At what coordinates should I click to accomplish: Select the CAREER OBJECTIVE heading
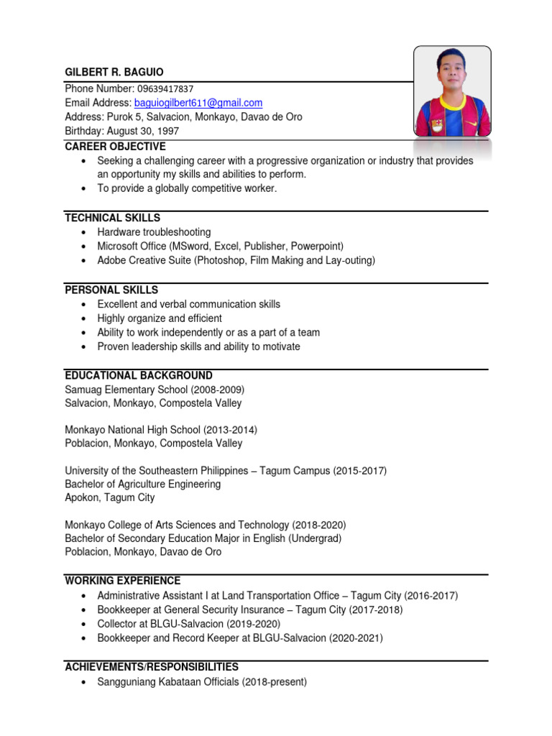point(115,147)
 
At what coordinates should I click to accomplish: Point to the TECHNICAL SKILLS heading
point(112,218)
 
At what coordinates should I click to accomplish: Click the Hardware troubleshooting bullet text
point(154,232)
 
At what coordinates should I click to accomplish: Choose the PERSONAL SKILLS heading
point(111,290)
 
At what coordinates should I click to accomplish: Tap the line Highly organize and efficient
point(160,318)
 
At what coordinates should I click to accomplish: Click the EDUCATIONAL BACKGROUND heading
point(139,375)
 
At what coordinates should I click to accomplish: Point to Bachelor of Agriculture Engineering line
point(142,484)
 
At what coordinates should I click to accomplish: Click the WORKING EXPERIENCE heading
point(123,581)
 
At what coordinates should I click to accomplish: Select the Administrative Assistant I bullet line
point(277,595)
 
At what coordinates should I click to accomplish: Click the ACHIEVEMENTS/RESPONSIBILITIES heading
point(152,667)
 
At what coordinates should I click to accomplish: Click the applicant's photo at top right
point(452,92)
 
